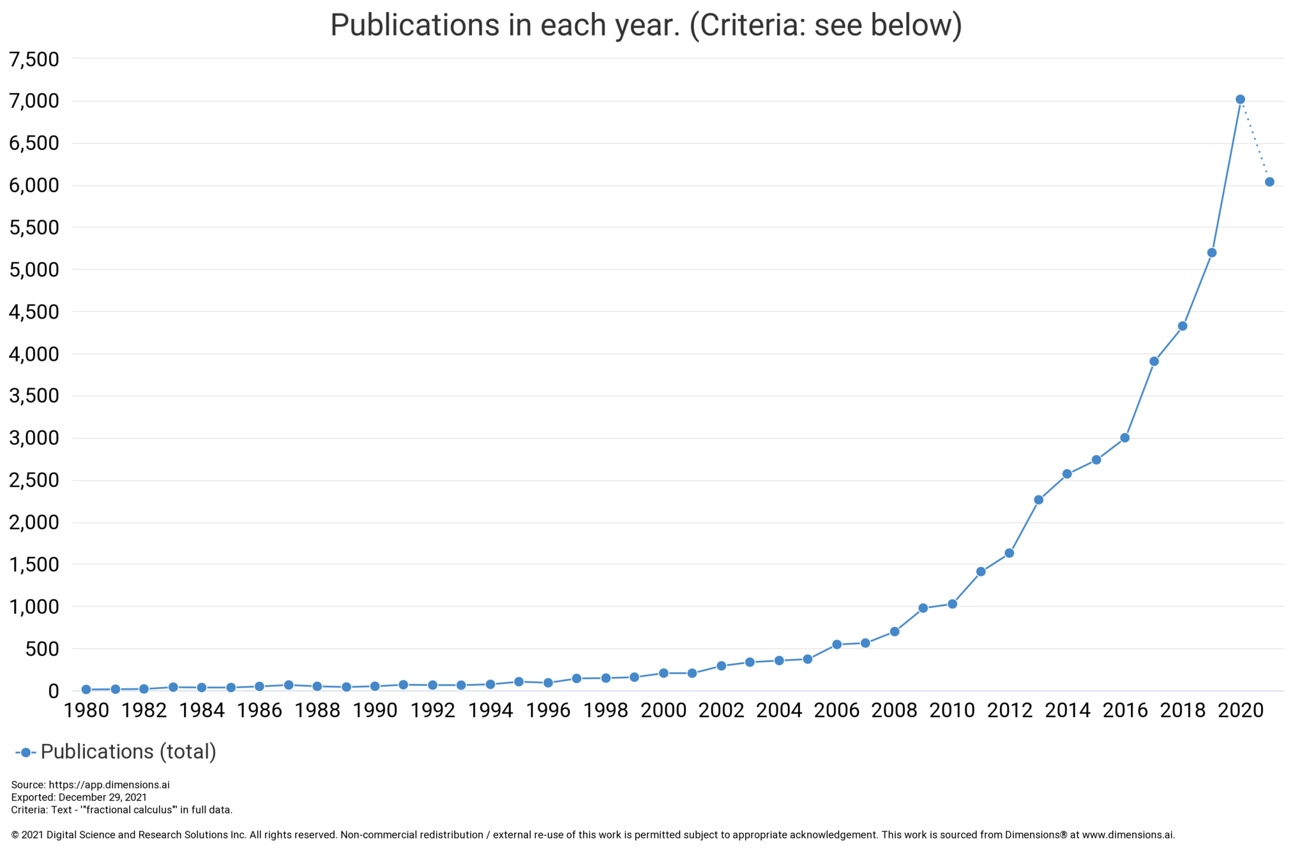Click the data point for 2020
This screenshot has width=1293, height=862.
pyautogui.click(x=1240, y=100)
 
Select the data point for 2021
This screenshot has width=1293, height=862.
pyautogui.click(x=1269, y=182)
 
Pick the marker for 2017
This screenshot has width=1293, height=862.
pyautogui.click(x=1154, y=361)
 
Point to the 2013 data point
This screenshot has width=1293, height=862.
pyautogui.click(x=1038, y=500)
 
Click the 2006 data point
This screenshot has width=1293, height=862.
pyautogui.click(x=836, y=644)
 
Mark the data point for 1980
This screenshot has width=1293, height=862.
pyautogui.click(x=86, y=690)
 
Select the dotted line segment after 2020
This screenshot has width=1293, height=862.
pyautogui.click(x=1255, y=140)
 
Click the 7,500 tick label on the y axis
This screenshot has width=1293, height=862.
pyautogui.click(x=34, y=59)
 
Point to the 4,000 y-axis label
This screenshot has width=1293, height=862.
pyautogui.click(x=34, y=354)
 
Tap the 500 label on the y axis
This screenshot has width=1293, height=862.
pyautogui.click(x=43, y=649)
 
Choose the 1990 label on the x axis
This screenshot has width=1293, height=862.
pyautogui.click(x=375, y=711)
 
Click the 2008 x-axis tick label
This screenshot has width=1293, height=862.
pyautogui.click(x=894, y=711)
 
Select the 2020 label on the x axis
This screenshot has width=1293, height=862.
pyautogui.click(x=1240, y=711)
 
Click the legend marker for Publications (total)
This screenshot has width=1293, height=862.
pyautogui.click(x=26, y=753)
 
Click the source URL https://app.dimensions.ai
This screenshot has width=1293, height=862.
pyautogui.click(x=109, y=785)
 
